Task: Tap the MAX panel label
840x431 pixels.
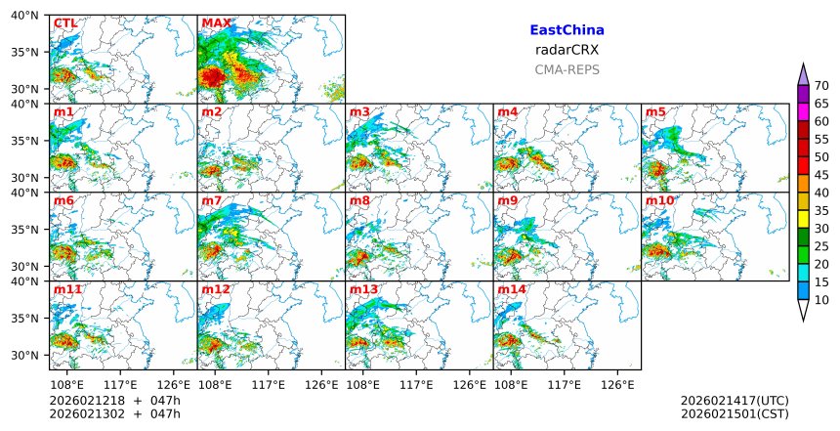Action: pos(216,23)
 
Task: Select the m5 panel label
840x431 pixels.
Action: pos(654,112)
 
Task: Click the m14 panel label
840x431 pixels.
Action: pos(512,290)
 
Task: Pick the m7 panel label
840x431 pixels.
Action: pos(212,201)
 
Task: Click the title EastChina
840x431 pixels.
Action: pos(567,30)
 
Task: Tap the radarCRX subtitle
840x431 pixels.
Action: pos(567,50)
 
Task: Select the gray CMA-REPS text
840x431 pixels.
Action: pos(567,69)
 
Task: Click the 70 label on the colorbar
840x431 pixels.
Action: pos(821,86)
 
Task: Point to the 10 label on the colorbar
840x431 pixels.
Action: pos(821,300)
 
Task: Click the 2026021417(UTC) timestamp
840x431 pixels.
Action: pos(734,401)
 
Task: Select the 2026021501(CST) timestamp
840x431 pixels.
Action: pos(734,414)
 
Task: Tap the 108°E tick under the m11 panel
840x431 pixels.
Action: pos(66,385)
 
